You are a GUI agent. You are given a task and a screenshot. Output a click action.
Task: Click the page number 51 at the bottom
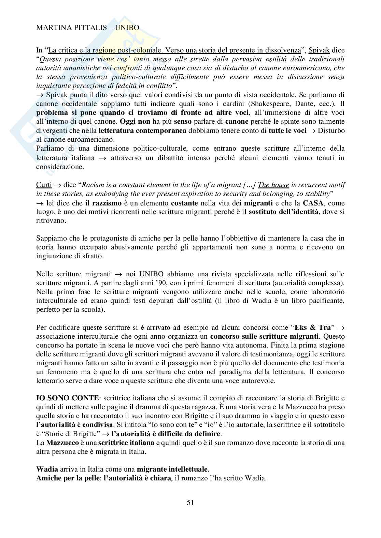(190, 502)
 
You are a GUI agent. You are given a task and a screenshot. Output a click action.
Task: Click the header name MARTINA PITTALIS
(70, 28)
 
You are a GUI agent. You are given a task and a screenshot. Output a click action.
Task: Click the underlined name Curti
(44, 185)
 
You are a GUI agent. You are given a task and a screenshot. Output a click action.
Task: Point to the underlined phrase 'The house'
(273, 185)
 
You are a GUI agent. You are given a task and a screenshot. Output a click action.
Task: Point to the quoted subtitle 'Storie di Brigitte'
(72, 434)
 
